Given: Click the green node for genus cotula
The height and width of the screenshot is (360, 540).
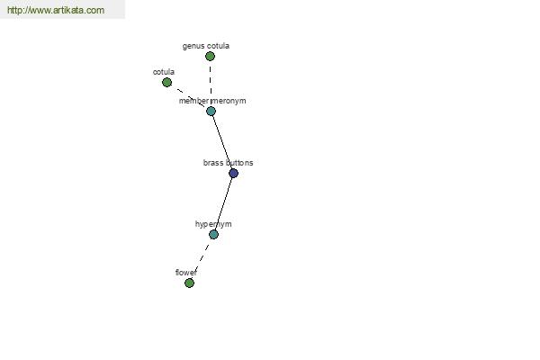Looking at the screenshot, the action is tap(210, 56).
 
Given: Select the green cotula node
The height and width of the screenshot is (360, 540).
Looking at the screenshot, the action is tap(166, 82).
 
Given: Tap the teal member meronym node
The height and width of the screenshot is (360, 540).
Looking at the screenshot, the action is tap(211, 111).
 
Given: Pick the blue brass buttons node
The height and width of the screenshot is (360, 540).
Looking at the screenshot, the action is tap(233, 173).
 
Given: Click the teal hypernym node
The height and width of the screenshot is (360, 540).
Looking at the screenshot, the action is tap(213, 234).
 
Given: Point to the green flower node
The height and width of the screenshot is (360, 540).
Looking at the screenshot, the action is tap(189, 283).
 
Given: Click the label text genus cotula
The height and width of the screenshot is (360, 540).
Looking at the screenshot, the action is tap(206, 46).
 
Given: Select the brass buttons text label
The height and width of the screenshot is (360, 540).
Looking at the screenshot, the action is tap(228, 163).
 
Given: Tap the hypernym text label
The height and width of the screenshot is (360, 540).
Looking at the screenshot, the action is tap(213, 224).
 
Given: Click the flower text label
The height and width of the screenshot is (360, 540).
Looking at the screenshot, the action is tap(186, 273).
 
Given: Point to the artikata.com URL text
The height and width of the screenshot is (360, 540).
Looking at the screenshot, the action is tap(56, 10).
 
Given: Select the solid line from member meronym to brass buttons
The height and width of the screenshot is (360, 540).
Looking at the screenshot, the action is tap(222, 142).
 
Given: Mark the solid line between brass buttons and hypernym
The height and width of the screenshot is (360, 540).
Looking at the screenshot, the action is tap(223, 203).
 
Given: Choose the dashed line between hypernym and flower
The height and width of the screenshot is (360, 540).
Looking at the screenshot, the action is tap(202, 258).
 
